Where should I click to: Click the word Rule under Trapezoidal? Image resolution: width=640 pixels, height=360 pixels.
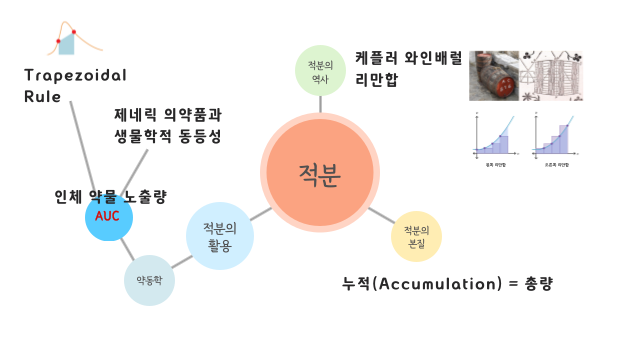click(41, 97)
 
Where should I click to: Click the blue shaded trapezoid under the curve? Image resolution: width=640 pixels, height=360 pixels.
click(68, 43)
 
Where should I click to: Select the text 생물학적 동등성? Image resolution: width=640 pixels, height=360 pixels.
click(167, 135)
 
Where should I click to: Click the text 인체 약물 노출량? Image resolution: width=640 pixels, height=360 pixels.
click(110, 195)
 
